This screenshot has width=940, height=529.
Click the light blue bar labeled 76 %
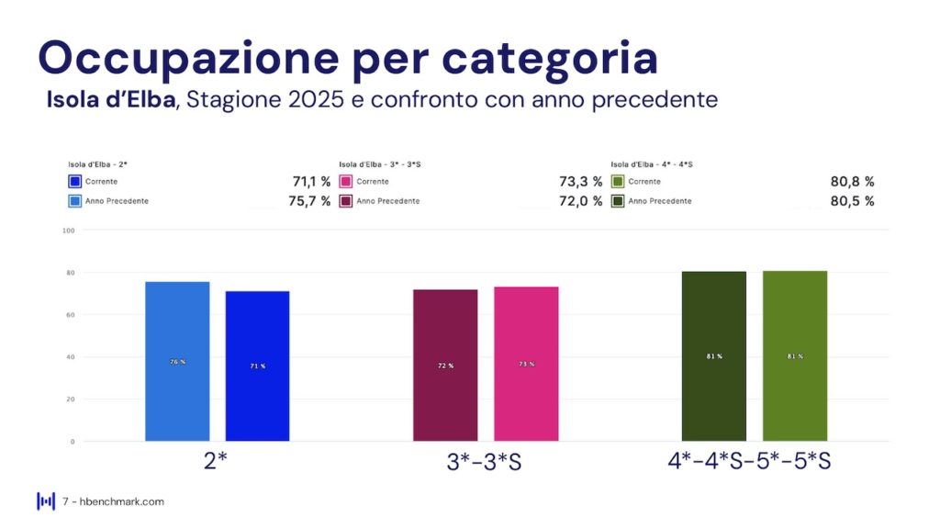coord(177,361)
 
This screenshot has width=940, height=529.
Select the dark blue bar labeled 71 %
coord(257,366)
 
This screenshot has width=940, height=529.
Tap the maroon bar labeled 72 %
coord(445,365)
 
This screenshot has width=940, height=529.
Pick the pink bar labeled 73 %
coord(526,364)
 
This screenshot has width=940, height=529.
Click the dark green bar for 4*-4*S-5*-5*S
coord(714,356)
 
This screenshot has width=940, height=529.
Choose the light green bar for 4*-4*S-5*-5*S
coord(795,356)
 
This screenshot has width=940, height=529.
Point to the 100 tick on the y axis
coord(67,231)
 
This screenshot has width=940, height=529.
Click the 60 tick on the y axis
coord(69,315)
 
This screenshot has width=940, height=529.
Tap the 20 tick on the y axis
coord(69,400)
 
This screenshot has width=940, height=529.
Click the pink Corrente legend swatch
coord(346,182)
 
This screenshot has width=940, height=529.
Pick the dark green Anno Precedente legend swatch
coord(618,201)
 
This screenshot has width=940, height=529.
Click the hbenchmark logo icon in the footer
coord(46,501)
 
